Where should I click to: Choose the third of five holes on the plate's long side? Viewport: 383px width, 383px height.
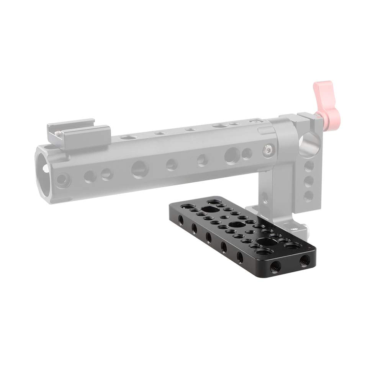coord(209,238)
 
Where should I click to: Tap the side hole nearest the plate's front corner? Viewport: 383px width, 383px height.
coord(240,257)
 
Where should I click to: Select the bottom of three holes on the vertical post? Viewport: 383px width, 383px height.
coord(308,195)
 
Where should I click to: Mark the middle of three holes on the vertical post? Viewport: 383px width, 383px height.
coord(308,181)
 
